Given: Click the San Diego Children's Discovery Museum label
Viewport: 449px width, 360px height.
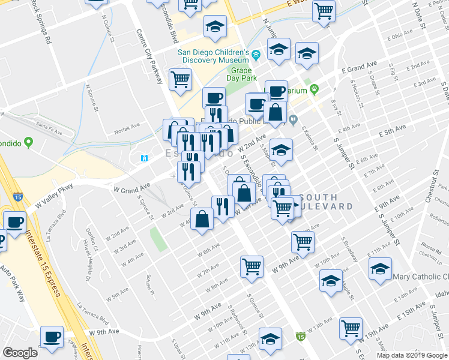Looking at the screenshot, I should (x=213, y=55).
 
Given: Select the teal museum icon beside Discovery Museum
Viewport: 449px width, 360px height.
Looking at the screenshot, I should (x=256, y=55).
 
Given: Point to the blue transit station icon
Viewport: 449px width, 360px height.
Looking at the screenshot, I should (x=144, y=158).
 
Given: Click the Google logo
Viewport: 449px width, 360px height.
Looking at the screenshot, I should (x=20, y=353).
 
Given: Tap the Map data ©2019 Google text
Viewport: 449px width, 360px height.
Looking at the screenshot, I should (x=411, y=355).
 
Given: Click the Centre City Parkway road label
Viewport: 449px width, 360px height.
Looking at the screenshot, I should (x=149, y=57).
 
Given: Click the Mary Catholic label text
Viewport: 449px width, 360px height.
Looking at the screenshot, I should (x=420, y=277).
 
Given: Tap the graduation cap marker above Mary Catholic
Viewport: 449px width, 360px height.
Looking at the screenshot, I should (x=380, y=269).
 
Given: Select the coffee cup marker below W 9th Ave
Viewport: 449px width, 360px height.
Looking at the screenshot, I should (x=52, y=338).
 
